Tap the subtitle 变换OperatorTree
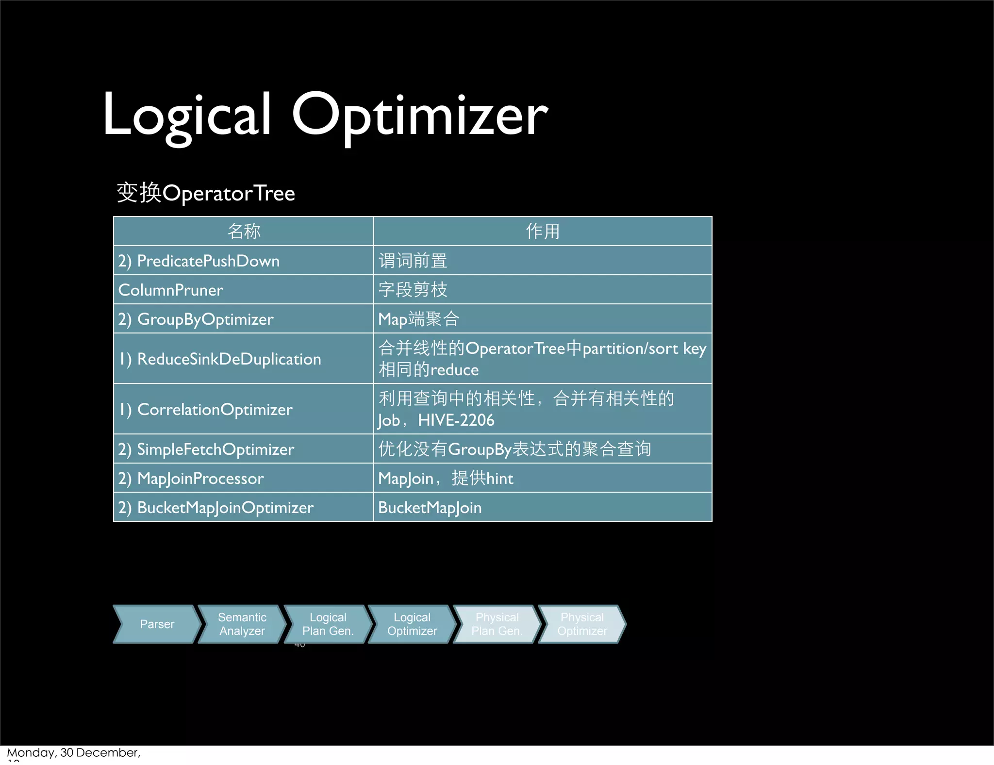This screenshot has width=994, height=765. pyautogui.click(x=205, y=193)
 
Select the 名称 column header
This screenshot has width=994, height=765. pyautogui.click(x=244, y=231)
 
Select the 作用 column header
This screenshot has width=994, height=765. pyautogui.click(x=543, y=231)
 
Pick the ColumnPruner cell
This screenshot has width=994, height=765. pyautogui.click(x=171, y=290)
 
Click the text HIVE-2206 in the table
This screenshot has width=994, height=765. pyautogui.click(x=456, y=420)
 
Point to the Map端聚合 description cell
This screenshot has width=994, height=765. pyautogui.click(x=418, y=319)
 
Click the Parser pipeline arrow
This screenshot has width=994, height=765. pyautogui.click(x=157, y=624)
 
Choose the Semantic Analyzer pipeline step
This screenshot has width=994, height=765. pyautogui.click(x=242, y=624)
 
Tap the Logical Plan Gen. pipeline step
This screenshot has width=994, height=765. pyautogui.click(x=328, y=624)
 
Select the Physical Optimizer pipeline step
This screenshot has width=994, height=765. pyautogui.click(x=582, y=624)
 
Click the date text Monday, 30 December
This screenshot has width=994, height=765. pyautogui.click(x=73, y=752)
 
